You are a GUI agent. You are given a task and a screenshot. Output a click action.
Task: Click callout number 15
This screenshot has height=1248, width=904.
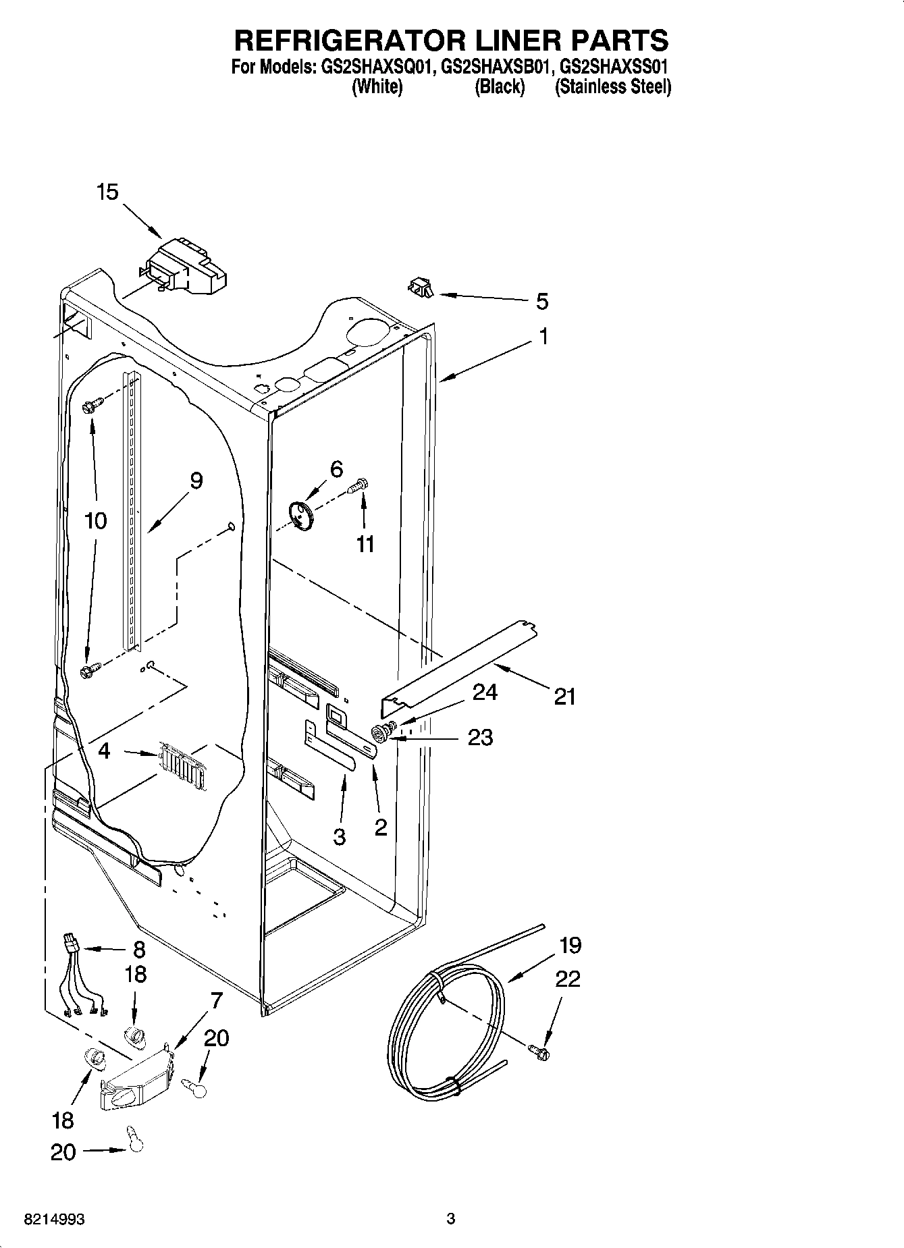click(x=107, y=192)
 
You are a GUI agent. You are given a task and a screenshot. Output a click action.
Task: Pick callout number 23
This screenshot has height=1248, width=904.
click(x=480, y=737)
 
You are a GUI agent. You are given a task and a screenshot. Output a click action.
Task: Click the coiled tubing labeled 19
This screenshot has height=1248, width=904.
click(x=446, y=1006)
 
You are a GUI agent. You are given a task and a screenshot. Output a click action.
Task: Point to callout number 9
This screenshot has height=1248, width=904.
click(x=196, y=481)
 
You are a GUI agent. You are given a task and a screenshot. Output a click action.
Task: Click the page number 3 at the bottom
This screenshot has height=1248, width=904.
click(x=451, y=1219)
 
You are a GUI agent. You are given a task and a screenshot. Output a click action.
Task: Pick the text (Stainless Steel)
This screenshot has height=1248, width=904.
click(x=612, y=87)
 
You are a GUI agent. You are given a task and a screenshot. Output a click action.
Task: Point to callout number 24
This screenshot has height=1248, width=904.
click(x=485, y=693)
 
